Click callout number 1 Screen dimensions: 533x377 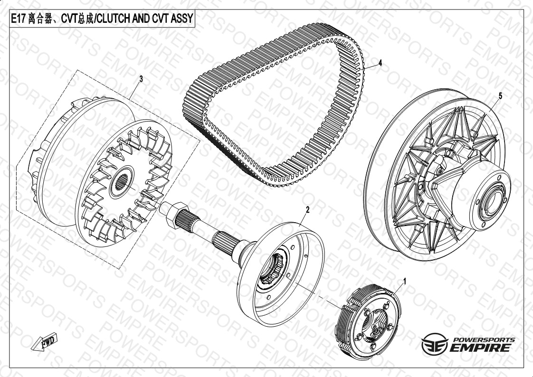click(405, 281)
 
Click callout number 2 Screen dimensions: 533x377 click(308, 209)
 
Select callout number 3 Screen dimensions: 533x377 click(141, 79)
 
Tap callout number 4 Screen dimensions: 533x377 click(381, 63)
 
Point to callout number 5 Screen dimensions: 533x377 click(500, 96)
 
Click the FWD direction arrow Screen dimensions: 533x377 click(45, 342)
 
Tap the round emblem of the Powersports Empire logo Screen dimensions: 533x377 click(435, 344)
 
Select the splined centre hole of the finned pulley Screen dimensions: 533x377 click(121, 182)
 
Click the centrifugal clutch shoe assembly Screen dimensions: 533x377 click(369, 321)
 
